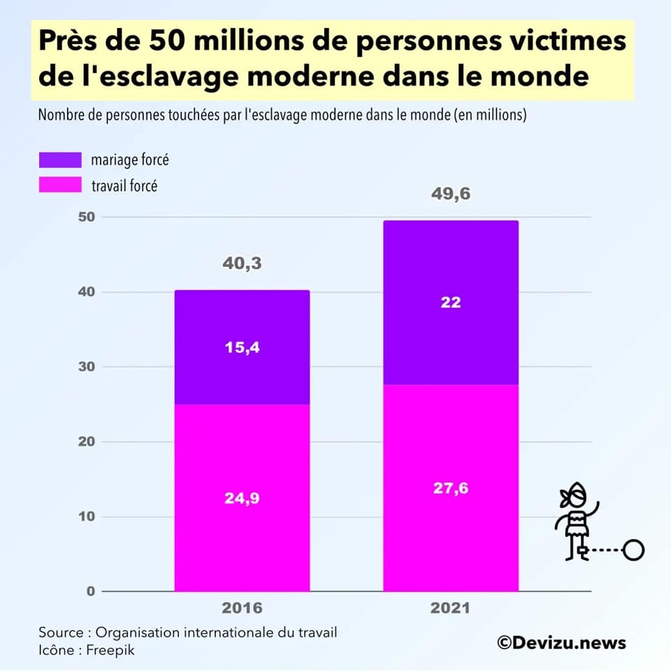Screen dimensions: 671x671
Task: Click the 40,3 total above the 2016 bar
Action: tap(242, 264)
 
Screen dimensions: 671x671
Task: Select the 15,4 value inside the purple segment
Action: tap(242, 347)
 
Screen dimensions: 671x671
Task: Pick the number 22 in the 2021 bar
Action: tap(451, 302)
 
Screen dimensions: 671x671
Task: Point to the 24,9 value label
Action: tap(242, 498)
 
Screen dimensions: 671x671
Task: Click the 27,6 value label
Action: tap(451, 488)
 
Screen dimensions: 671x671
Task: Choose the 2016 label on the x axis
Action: tap(242, 608)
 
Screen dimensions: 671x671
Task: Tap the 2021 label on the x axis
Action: tap(451, 608)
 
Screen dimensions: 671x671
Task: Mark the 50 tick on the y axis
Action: tap(85, 217)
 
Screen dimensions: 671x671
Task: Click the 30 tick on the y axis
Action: tap(85, 367)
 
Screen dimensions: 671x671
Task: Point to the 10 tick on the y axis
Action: tap(85, 517)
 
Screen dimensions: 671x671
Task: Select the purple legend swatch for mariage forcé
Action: tap(59, 160)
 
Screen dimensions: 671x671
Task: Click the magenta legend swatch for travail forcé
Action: tap(59, 186)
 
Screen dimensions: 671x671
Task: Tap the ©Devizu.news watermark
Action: tap(561, 642)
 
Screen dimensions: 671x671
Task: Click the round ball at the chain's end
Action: tap(633, 551)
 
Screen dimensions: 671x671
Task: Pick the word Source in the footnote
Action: tap(60, 633)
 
